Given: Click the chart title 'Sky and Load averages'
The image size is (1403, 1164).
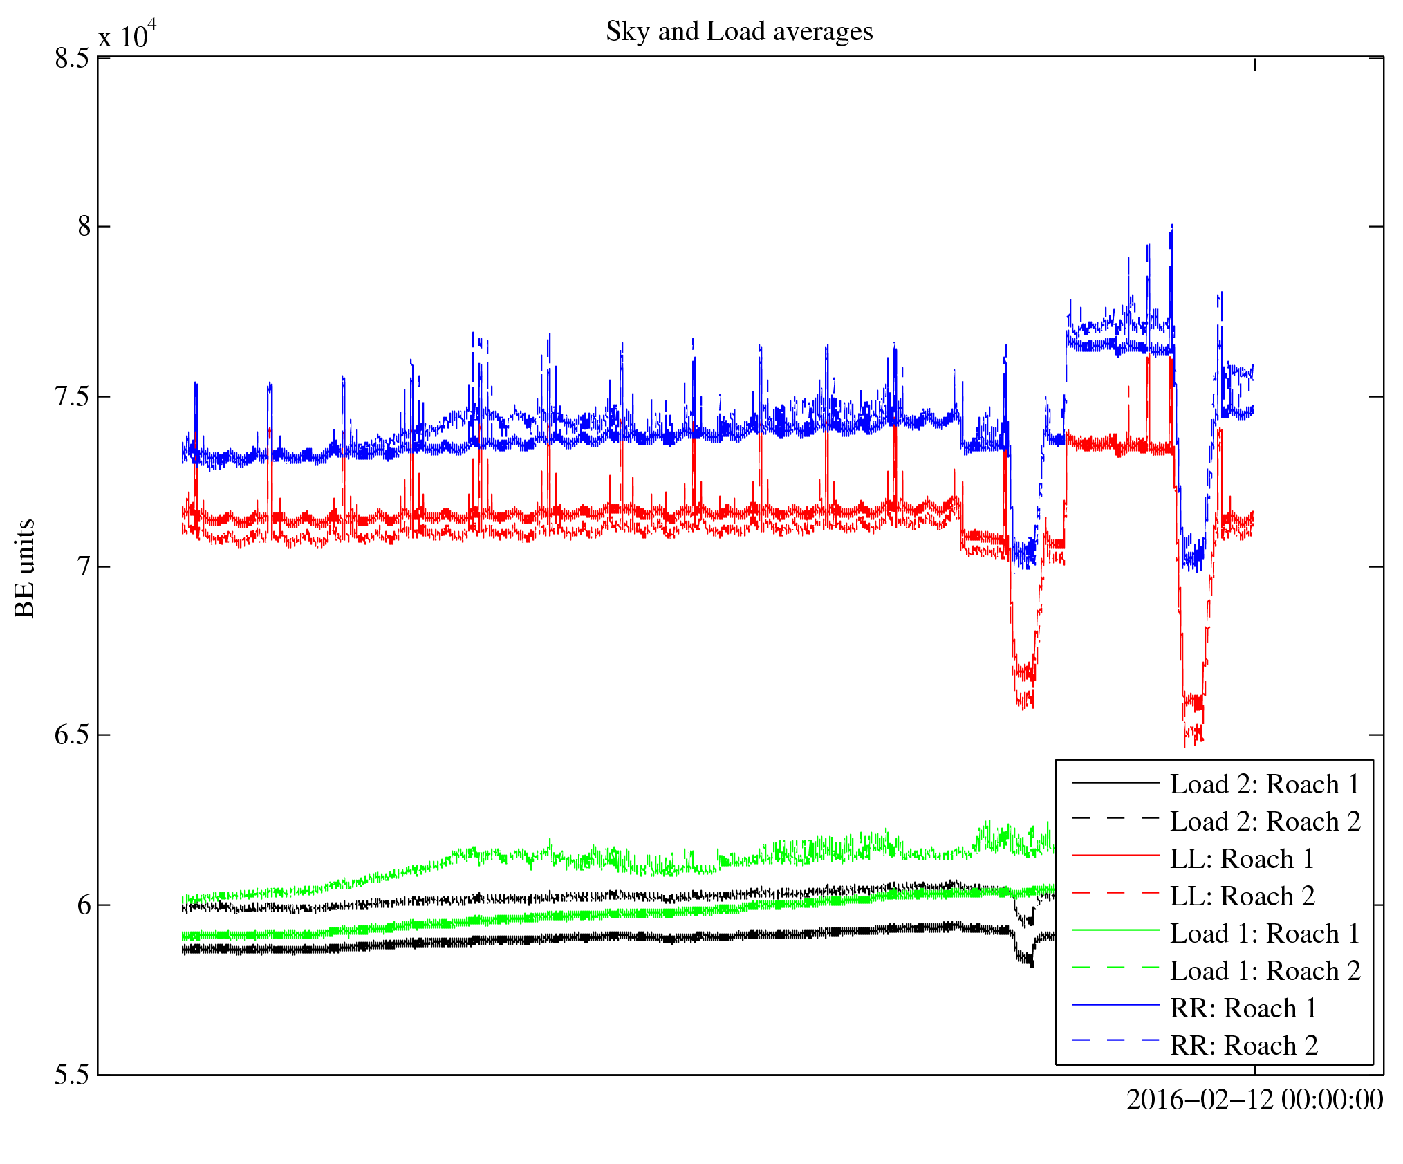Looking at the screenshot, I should (739, 32).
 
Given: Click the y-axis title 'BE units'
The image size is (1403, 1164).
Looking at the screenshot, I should (25, 568).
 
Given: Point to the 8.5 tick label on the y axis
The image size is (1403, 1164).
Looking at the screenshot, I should (71, 59).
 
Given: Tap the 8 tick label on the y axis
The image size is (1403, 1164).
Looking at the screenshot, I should (84, 227).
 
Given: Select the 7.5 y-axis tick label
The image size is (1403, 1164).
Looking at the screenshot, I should (71, 397).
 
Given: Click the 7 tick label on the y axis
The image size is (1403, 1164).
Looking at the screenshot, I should (84, 566).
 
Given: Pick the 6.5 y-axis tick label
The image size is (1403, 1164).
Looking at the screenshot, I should (71, 735).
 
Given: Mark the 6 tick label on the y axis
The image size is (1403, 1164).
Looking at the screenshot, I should (84, 905).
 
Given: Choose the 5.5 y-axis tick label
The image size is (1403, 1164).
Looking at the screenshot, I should (71, 1075).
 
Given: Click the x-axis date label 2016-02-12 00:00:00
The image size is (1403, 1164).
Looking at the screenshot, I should (1254, 1100).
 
